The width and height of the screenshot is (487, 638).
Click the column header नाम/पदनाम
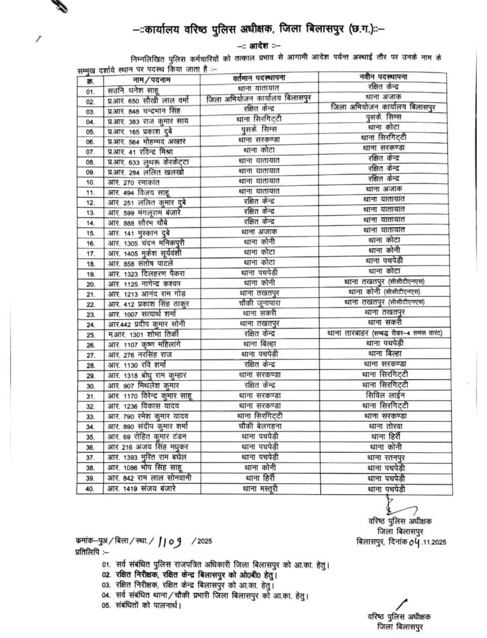point(150,79)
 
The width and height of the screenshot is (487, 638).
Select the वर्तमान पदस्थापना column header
point(265,77)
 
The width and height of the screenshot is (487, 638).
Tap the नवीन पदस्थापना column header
point(383,77)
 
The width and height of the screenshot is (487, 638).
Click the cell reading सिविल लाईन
point(383,395)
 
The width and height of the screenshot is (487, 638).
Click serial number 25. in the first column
point(91,334)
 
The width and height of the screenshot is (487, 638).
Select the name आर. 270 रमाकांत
point(131,181)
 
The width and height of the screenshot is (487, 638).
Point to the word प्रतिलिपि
point(89,552)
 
